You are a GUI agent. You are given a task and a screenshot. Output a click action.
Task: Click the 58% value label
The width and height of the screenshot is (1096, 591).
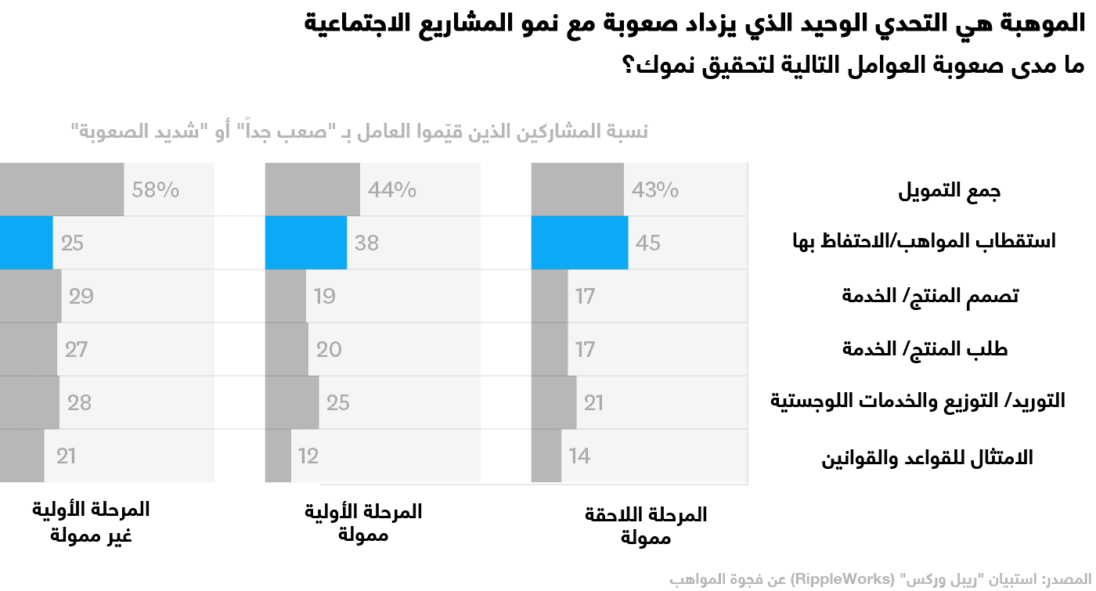click(155, 189)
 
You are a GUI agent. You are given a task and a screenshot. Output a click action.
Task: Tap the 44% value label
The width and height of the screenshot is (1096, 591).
click(392, 189)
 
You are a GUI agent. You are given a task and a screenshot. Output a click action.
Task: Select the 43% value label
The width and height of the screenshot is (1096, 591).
click(656, 189)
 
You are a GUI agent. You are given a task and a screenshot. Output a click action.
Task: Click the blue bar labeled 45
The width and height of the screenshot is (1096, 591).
click(579, 243)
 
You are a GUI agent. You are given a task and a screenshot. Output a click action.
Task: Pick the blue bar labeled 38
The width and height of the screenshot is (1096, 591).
click(305, 243)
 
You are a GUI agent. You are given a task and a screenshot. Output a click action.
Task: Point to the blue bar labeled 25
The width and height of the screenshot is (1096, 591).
click(26, 243)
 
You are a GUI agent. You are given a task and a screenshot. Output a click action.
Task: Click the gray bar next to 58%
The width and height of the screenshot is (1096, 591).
click(61, 189)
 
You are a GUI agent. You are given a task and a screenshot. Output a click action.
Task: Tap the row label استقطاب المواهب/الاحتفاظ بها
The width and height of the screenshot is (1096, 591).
click(924, 242)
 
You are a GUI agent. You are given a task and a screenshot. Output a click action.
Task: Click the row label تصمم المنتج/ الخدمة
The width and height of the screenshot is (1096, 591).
click(930, 296)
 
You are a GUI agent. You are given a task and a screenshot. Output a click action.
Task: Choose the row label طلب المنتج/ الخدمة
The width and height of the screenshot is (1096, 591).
click(925, 349)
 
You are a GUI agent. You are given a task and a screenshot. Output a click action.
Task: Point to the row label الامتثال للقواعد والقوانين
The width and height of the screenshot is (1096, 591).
click(927, 457)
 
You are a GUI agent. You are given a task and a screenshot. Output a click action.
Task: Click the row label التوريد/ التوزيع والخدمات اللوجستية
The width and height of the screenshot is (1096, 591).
click(918, 402)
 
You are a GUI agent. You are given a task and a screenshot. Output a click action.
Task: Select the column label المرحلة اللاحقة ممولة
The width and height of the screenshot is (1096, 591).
click(646, 526)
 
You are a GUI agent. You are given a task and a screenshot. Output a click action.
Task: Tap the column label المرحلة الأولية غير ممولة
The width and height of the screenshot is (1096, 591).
click(91, 522)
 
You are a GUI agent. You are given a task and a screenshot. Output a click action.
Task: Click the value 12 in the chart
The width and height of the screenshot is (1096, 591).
click(308, 456)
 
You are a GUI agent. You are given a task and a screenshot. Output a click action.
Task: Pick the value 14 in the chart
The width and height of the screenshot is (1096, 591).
click(579, 456)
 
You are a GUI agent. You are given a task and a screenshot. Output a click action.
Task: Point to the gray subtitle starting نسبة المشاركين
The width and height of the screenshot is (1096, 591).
click(359, 132)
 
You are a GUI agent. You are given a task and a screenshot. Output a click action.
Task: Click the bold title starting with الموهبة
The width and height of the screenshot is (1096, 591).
click(694, 22)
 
